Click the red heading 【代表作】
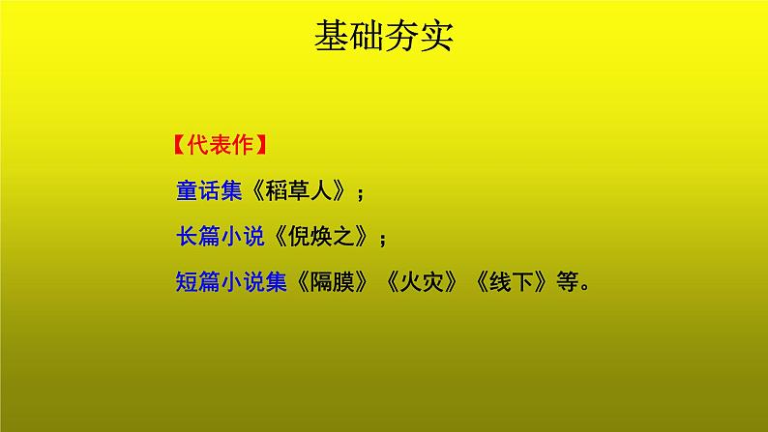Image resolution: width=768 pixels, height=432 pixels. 219,147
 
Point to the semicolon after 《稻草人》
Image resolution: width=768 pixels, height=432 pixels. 361,192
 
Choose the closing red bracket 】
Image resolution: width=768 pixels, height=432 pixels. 262,147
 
